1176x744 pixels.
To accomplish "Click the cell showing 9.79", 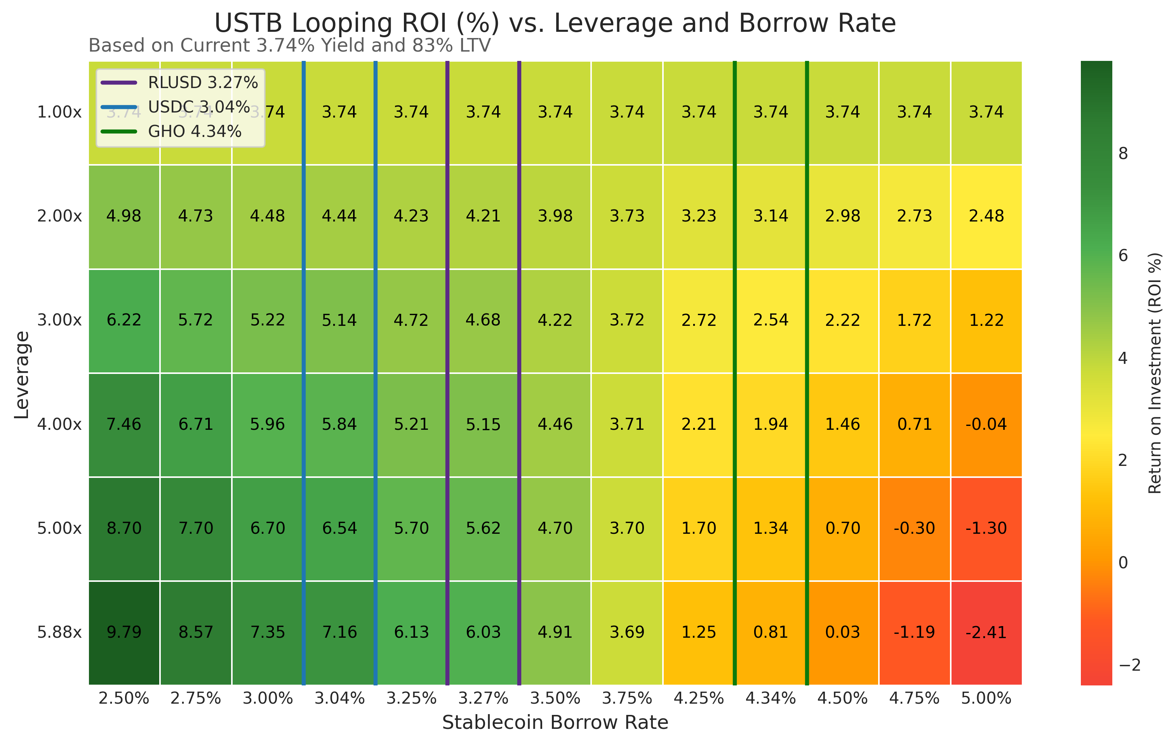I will [124, 632].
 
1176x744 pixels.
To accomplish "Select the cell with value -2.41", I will [986, 632].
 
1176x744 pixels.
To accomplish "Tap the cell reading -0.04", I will [986, 424].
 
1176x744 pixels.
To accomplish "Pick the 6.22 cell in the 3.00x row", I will [124, 320].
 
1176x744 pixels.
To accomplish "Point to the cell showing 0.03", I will [842, 632].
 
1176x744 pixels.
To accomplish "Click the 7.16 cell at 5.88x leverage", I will [339, 632].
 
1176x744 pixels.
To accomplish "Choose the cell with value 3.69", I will [627, 632].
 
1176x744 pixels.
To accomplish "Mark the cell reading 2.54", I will [771, 320].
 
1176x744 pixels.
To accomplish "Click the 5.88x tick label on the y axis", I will [59, 632].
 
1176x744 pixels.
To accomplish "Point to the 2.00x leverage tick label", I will [59, 216].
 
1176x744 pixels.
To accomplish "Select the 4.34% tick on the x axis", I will [771, 699].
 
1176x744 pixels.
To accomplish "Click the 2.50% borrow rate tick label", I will [124, 699].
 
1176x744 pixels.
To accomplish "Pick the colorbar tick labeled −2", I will [1129, 665].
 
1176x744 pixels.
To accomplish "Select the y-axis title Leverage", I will [22, 375].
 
